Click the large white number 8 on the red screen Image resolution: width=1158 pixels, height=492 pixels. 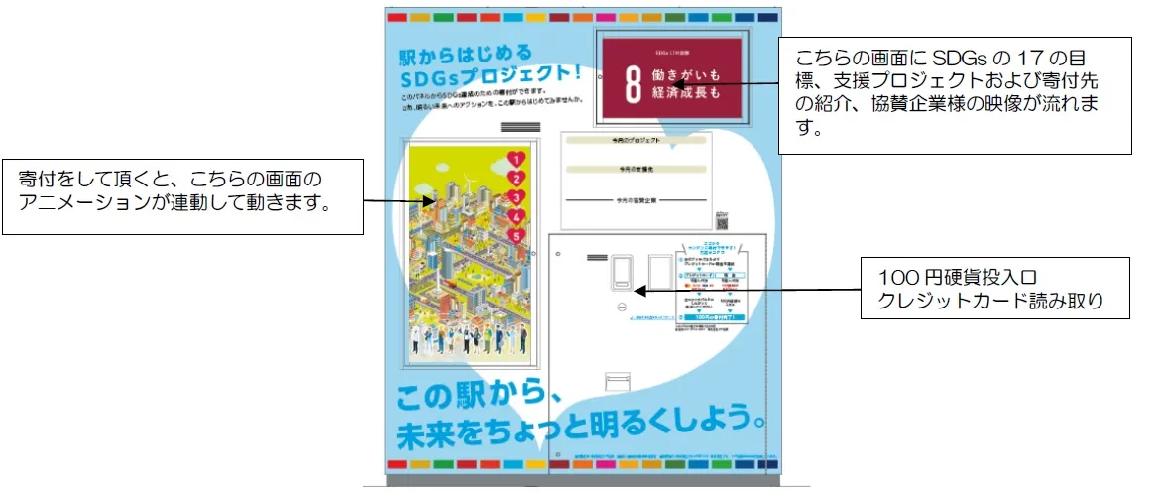pos(632,86)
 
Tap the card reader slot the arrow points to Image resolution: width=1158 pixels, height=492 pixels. pos(622,273)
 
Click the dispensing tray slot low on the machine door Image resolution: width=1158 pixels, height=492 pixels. pos(617,381)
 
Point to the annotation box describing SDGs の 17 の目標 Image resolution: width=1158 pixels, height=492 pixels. pos(953,95)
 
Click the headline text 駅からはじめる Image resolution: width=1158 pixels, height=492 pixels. pos(461,54)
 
